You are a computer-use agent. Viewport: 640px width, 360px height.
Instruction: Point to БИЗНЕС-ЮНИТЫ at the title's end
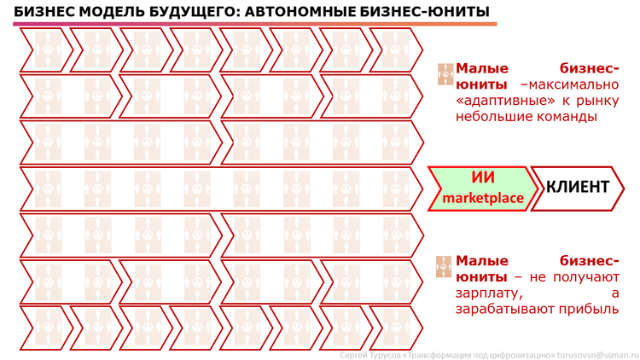click(424, 11)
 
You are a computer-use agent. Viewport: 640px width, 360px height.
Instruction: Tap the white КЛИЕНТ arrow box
click(577, 189)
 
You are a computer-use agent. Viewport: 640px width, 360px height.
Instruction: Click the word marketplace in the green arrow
click(483, 198)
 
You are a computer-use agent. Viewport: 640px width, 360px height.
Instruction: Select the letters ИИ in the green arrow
click(483, 177)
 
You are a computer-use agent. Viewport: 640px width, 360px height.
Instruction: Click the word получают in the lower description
click(586, 277)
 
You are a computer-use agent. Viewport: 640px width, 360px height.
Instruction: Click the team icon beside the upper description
click(445, 74)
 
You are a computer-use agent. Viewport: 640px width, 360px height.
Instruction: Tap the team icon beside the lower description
click(444, 267)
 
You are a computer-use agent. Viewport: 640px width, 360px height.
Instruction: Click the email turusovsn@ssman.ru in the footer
click(598, 355)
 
